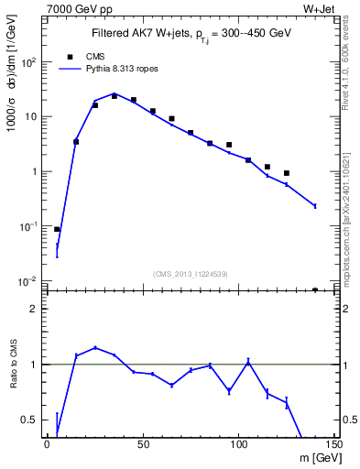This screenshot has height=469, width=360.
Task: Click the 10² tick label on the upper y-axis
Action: point(28,62)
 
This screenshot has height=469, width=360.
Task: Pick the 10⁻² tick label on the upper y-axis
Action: point(28,281)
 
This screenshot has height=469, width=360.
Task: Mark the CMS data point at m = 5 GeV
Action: point(57,229)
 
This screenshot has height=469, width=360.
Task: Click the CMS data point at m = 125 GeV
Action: point(287,173)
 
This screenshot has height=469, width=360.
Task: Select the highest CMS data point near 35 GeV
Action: point(115,95)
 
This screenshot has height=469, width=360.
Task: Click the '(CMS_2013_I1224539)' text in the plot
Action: point(191,272)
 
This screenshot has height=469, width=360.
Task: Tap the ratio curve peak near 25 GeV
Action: point(95,348)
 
